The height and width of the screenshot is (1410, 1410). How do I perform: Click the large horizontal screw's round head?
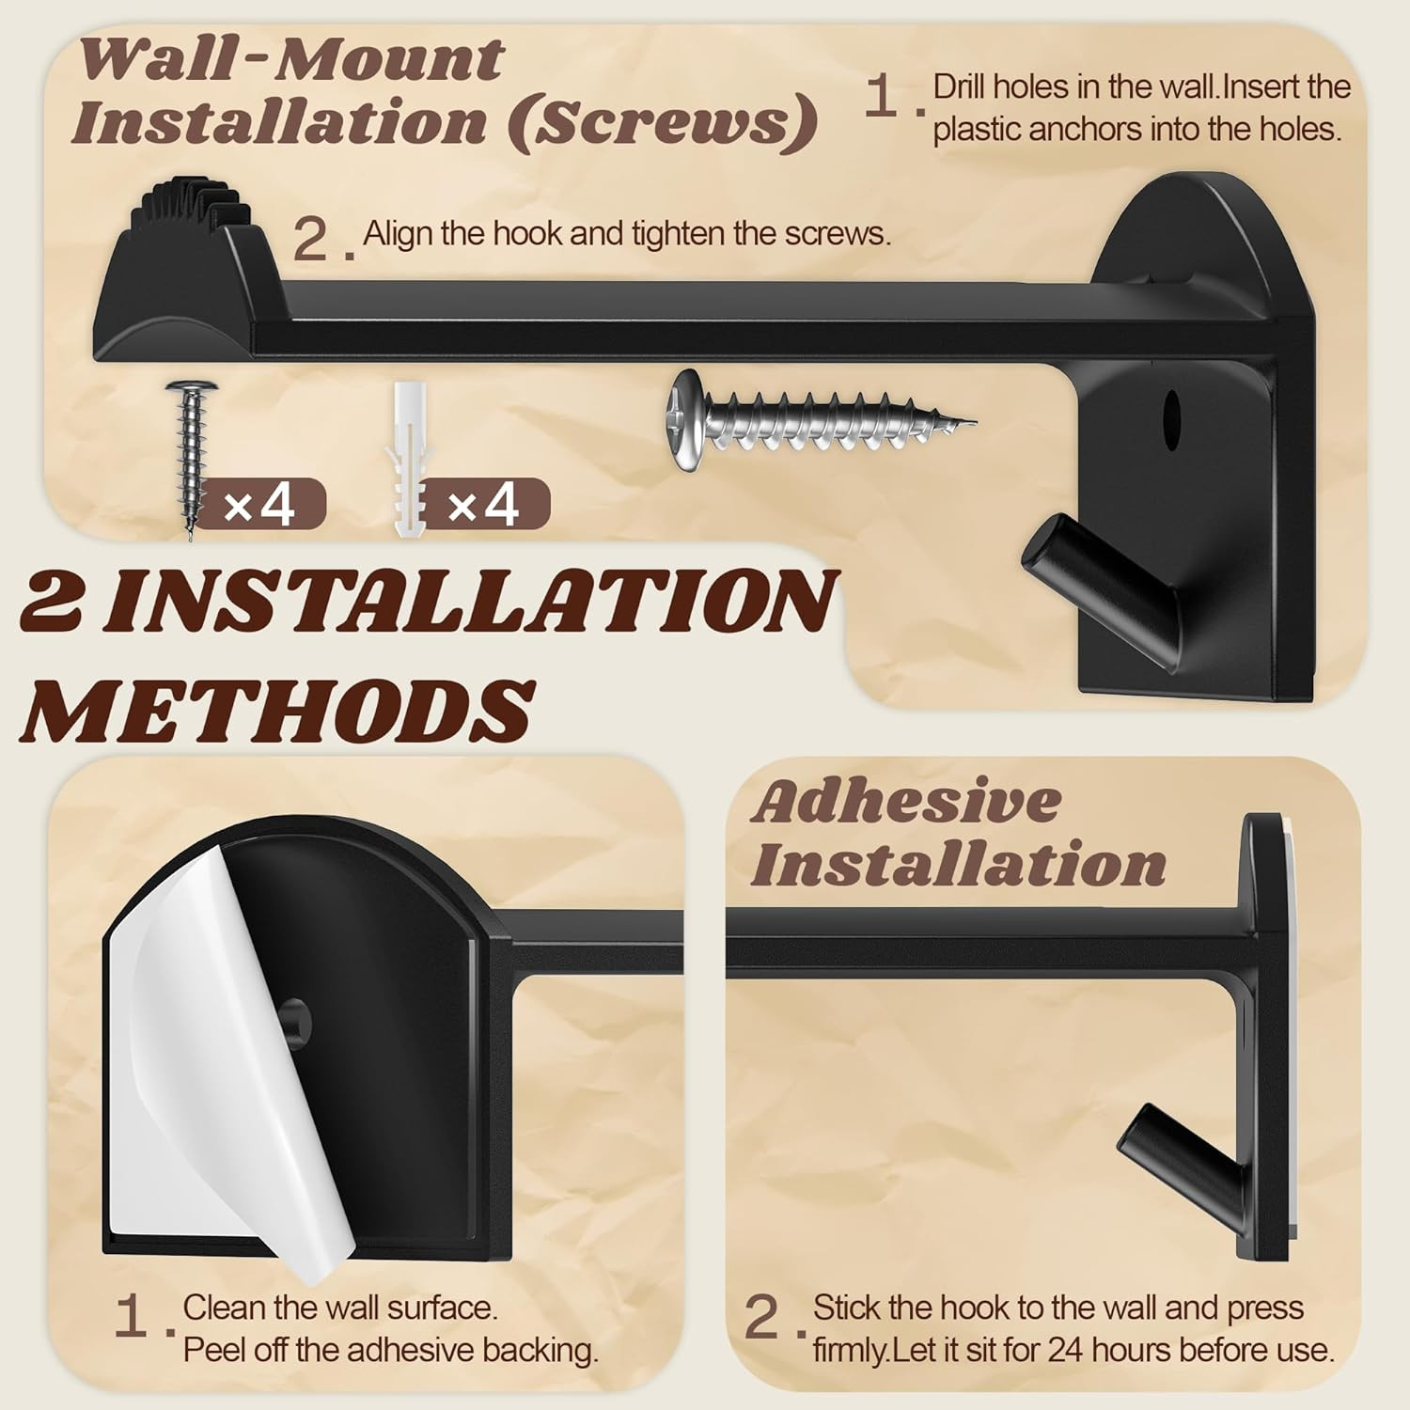point(685,419)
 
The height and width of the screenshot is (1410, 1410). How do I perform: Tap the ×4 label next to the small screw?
point(259,506)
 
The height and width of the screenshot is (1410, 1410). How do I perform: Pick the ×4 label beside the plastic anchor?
point(483,506)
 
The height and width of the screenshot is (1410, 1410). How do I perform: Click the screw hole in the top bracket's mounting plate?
point(1171,414)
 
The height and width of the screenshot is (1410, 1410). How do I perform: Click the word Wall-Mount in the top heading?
point(291,60)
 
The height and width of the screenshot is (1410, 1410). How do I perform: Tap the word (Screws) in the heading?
point(662,122)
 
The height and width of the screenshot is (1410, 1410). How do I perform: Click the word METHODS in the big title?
point(278,711)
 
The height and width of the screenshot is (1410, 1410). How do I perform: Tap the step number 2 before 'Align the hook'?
point(310,239)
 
